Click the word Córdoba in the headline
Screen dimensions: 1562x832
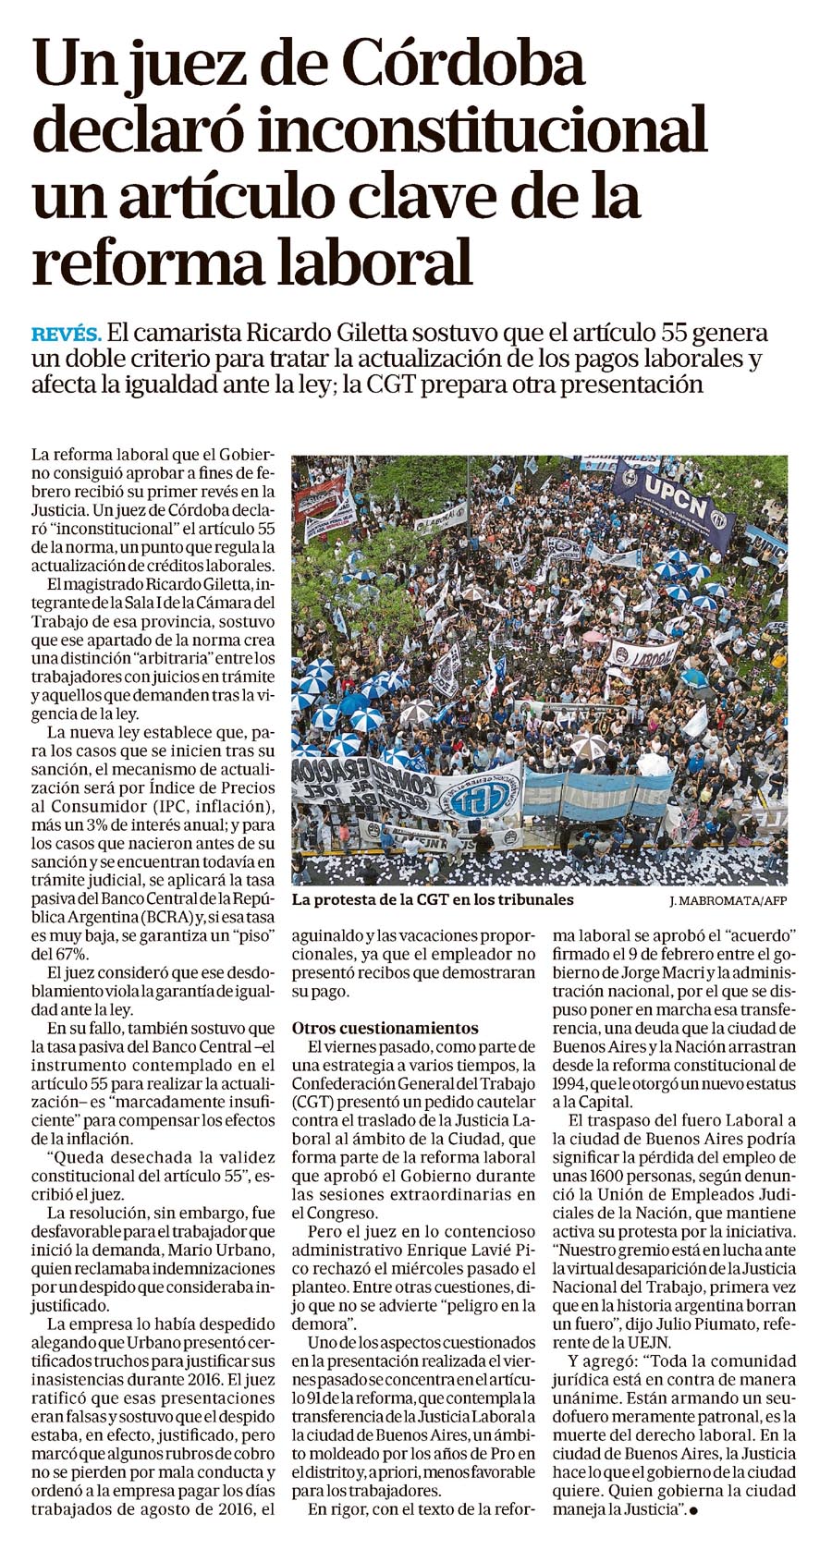pos(463,67)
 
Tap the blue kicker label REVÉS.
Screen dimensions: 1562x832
pos(67,334)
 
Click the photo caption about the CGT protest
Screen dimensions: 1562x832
pos(432,899)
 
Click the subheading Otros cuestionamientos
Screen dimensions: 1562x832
pos(385,1027)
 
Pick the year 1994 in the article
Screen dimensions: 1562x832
pos(572,1082)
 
